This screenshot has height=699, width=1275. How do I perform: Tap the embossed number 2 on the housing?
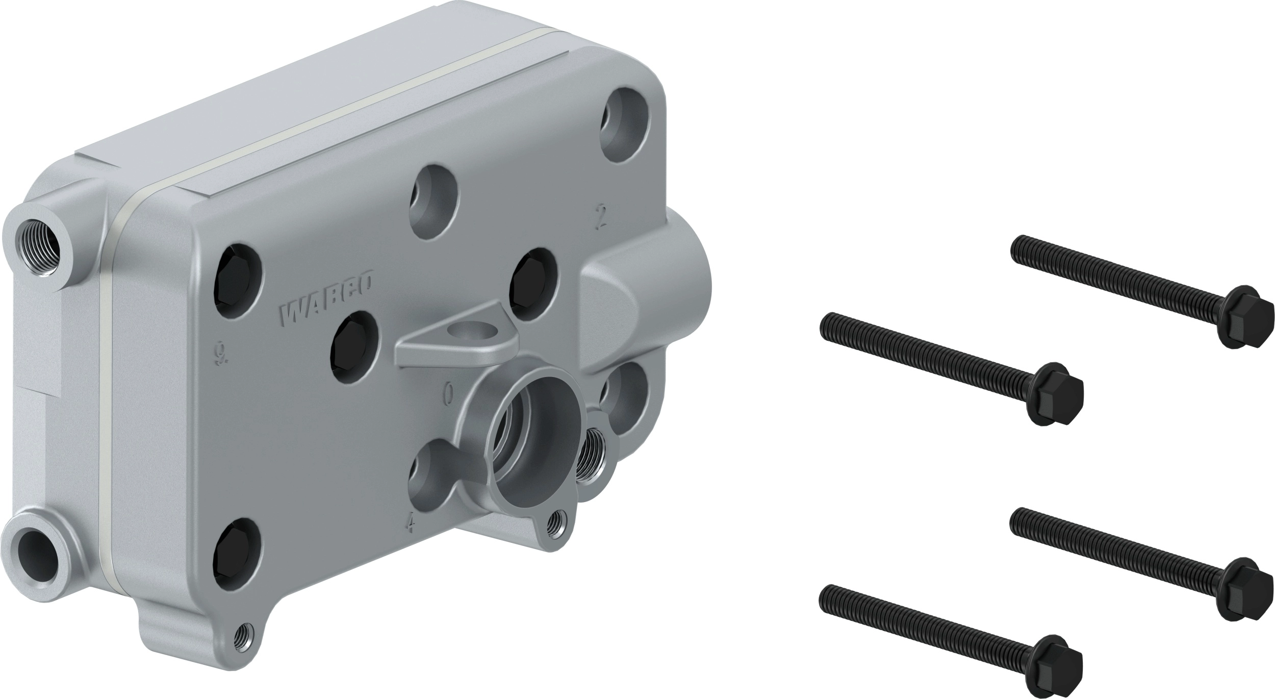click(x=601, y=217)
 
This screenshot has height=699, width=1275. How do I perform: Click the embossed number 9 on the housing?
click(x=220, y=354)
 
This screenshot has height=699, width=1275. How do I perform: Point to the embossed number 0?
click(x=448, y=393)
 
